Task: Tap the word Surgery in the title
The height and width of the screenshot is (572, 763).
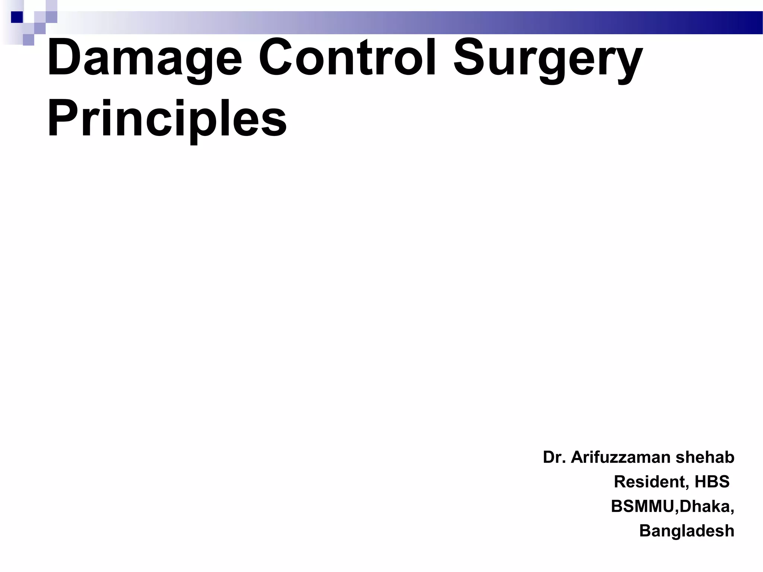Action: pyautogui.click(x=548, y=60)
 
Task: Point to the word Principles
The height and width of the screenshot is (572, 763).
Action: pyautogui.click(x=167, y=118)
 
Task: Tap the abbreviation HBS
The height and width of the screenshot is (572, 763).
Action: pyautogui.click(x=712, y=482)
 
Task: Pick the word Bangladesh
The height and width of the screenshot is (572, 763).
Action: pyautogui.click(x=687, y=531)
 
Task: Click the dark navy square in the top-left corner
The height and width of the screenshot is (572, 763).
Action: pyautogui.click(x=17, y=17)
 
